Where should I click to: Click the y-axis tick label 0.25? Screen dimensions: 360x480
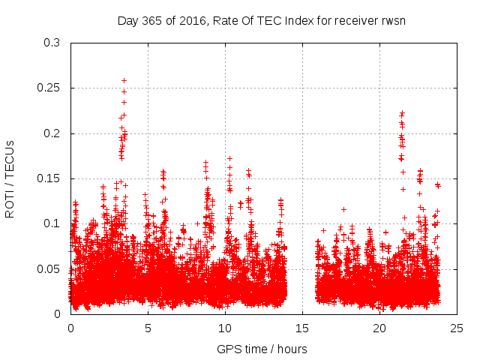point(49,88)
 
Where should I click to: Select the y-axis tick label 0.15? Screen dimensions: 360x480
point(49,178)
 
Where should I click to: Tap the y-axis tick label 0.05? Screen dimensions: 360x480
point(49,268)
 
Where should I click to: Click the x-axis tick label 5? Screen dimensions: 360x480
point(148,328)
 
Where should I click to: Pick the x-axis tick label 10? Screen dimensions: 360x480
point(225,328)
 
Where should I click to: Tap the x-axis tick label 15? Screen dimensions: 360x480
point(302,328)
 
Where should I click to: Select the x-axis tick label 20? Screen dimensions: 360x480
point(379,328)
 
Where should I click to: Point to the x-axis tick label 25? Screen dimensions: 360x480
point(457,328)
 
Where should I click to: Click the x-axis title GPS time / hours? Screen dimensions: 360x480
point(262,349)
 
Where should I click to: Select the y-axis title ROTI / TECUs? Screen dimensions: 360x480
point(10,178)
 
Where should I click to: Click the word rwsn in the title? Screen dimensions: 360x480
point(391,20)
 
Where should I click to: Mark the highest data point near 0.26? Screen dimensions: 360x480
point(124,80)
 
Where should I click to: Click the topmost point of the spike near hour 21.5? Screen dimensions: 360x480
point(402,112)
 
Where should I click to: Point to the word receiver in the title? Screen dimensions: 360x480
point(352,20)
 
